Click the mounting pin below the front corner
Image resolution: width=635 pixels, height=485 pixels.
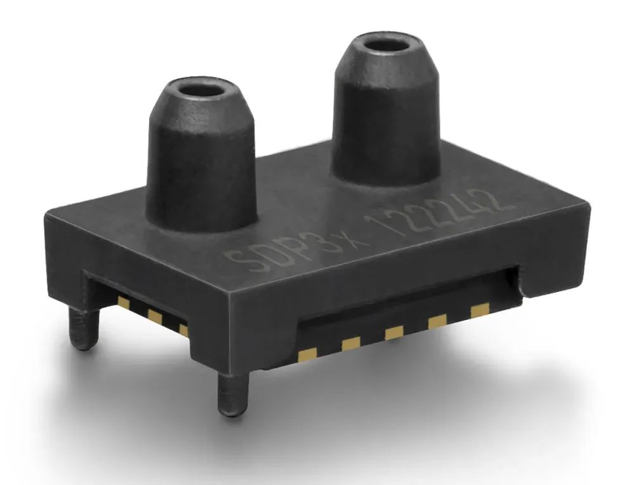point(228,394)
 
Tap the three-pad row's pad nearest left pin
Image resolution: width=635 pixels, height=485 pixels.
point(124,304)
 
